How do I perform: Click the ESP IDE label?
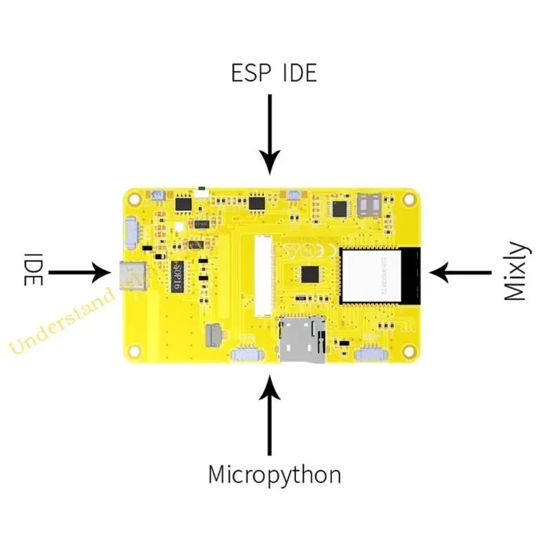coord(274,72)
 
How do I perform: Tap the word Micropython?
coord(275,475)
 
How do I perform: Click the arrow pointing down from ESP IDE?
coord(270,135)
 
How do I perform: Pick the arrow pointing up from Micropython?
coord(270,414)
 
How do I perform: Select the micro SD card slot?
coord(302,339)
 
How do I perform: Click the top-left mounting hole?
coord(134,198)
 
